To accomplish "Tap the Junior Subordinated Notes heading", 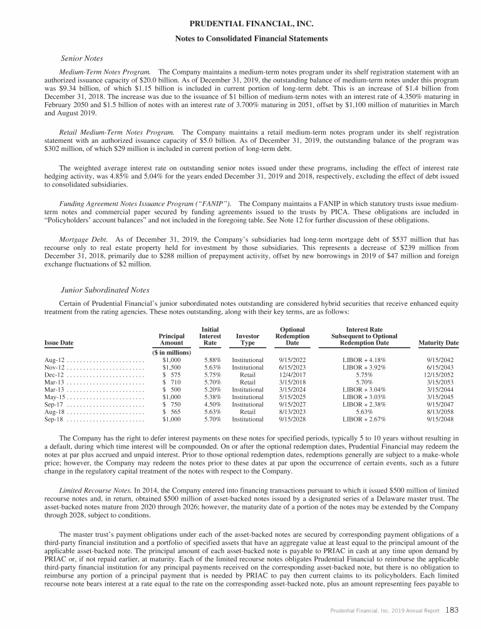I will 105,290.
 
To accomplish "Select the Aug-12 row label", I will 54,360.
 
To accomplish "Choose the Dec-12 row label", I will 54,375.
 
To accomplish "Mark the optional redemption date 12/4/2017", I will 292,375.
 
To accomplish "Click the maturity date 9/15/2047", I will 446,405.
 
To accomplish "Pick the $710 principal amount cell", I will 172,382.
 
